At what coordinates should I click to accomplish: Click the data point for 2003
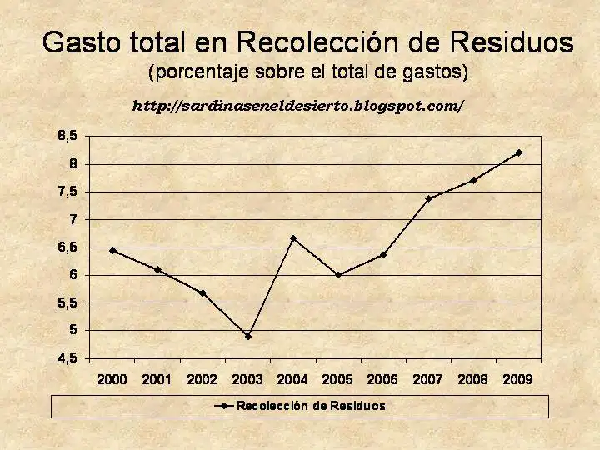tap(247, 337)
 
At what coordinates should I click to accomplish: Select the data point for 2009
tap(518, 152)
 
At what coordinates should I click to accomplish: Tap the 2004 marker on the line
tap(292, 238)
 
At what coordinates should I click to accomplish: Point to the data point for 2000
tap(112, 250)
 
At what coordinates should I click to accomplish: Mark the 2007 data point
tap(428, 198)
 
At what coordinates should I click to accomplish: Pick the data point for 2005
tap(337, 274)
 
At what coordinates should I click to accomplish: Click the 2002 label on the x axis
tap(202, 379)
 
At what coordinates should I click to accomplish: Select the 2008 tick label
tap(473, 379)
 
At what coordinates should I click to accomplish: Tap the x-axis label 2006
tap(382, 379)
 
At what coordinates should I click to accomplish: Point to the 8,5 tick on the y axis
tap(67, 135)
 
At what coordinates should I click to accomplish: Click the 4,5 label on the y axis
tap(67, 358)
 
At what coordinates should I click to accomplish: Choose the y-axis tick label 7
tap(73, 219)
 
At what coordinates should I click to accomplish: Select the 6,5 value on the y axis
tap(67, 247)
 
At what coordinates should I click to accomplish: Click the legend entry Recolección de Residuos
tap(311, 406)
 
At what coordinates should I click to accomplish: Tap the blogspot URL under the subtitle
tap(297, 106)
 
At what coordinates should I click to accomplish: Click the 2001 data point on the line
tap(157, 269)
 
